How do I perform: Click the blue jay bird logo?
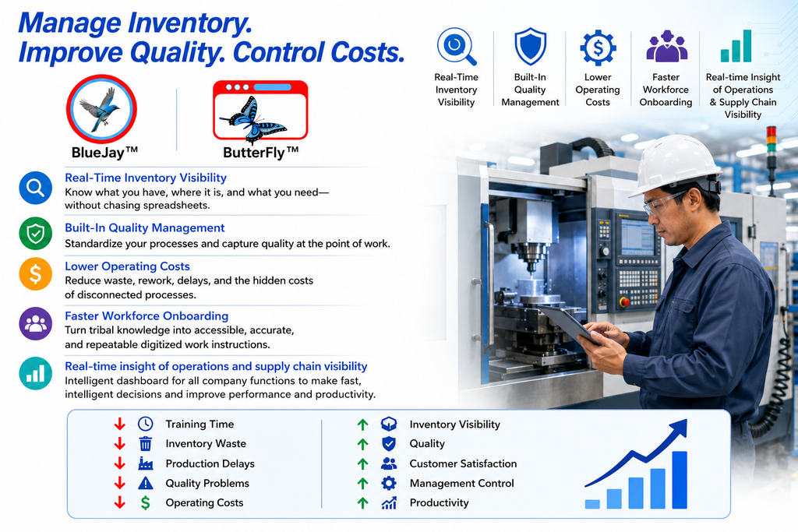102,109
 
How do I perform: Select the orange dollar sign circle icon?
36,273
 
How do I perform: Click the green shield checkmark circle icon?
36,234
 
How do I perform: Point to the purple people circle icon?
36,323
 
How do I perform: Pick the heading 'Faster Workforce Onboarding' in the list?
147,315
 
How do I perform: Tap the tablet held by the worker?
568,325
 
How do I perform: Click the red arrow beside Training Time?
119,424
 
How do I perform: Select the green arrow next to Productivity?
362,503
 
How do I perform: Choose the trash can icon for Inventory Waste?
146,443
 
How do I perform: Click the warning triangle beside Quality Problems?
146,483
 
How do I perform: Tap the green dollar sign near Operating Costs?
146,502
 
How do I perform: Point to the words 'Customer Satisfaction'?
463,463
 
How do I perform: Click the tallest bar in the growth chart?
680,480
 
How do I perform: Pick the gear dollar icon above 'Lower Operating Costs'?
598,48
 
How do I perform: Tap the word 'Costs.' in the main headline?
368,52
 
